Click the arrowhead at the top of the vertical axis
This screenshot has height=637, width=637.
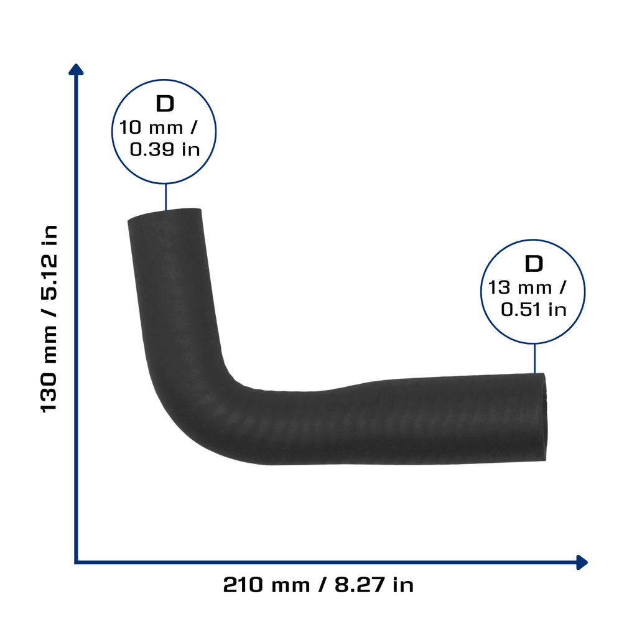(76, 69)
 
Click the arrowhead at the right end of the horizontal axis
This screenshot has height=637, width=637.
(582, 562)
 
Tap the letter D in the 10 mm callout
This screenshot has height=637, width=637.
(165, 104)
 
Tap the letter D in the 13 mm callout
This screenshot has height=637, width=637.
(534, 264)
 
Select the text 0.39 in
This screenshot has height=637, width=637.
(165, 149)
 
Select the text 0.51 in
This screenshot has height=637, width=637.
(533, 310)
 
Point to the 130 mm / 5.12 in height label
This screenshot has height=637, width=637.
(49, 318)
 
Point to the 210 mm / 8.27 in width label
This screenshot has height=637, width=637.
(318, 585)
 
